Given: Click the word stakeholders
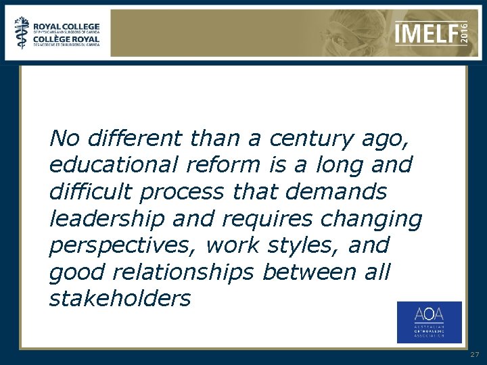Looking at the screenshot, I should pos(120,298).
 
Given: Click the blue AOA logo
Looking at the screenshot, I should pos(429,322).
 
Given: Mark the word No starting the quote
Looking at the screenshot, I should pos(64,139).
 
